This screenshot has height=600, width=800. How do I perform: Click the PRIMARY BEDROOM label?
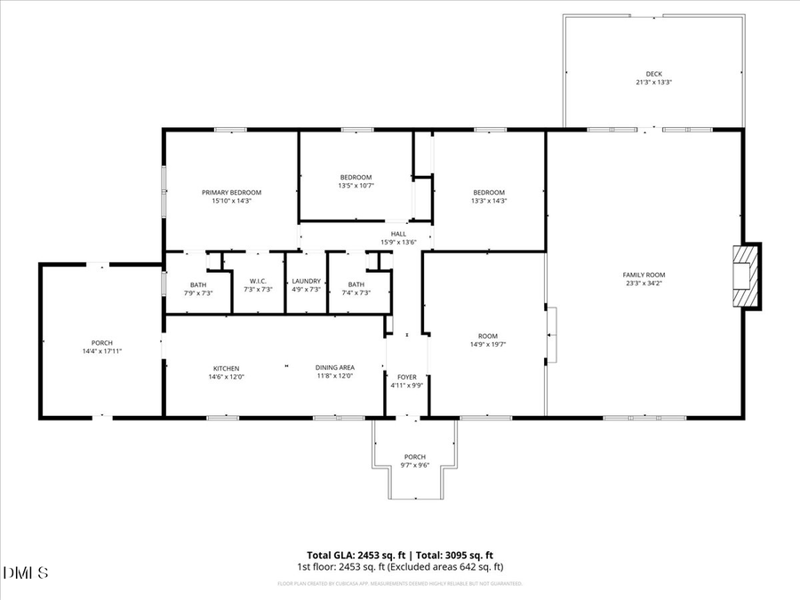231,192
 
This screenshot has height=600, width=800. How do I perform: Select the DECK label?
653,74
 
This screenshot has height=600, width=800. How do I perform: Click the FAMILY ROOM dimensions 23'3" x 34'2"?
644,284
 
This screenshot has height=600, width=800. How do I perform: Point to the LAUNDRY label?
306,281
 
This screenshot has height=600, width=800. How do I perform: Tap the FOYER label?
407,377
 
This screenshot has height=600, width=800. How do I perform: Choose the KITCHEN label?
226,368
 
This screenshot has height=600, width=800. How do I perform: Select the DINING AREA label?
335,368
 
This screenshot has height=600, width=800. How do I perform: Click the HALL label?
398,234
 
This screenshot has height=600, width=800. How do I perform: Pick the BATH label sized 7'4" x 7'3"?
356,284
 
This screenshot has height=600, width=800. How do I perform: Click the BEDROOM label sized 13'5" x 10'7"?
356,177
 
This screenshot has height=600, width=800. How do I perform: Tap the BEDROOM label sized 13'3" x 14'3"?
489,192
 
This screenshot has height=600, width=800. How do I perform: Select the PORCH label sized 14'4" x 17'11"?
101,343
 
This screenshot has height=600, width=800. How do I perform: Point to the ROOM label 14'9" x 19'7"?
487,336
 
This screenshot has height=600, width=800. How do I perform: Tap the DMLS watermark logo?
26,572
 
